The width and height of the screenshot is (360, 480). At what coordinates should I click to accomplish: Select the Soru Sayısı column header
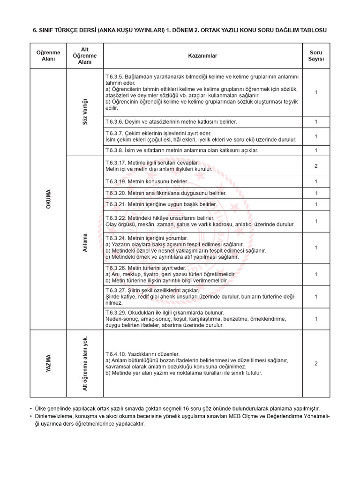click(316, 56)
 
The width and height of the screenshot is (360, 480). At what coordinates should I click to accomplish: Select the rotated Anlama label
click(85, 243)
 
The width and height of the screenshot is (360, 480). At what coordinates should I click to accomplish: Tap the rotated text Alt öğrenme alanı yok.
click(85, 364)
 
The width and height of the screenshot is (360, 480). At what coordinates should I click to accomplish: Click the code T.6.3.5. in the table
click(115, 76)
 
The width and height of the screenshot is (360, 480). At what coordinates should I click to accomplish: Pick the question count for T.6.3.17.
click(316, 166)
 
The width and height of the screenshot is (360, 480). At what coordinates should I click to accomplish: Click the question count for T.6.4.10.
click(316, 363)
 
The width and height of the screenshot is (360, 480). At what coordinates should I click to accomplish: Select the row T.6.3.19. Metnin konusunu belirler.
click(147, 181)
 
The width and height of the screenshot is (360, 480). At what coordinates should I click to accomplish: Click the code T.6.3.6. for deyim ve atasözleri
click(115, 122)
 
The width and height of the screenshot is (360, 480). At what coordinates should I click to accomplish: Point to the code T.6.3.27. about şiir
click(116, 290)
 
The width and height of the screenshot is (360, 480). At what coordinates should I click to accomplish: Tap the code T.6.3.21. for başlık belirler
click(116, 205)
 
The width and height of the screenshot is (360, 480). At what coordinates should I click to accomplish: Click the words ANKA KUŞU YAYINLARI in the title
click(137, 30)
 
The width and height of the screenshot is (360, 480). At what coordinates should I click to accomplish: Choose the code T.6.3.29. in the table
click(116, 312)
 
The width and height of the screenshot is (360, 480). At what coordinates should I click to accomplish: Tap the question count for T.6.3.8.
click(316, 150)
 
